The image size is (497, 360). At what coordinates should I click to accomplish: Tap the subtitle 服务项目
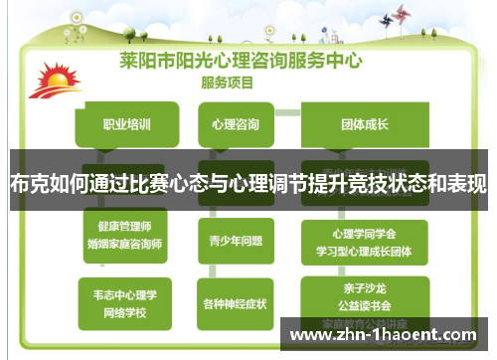pos(228,83)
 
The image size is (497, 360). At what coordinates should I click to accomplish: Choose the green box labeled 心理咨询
pos(236,125)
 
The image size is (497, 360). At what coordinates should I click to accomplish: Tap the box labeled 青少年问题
pos(236,240)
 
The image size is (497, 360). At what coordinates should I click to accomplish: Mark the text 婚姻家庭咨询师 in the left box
pos(125,242)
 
